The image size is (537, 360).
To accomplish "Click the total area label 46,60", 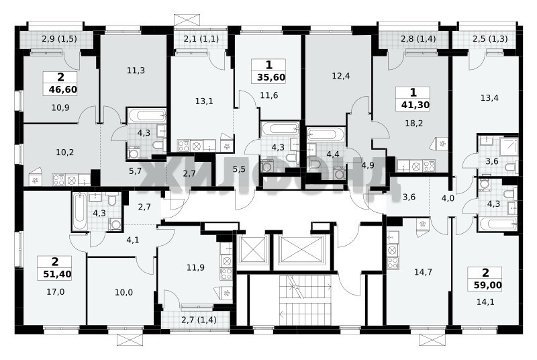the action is (x=63, y=90).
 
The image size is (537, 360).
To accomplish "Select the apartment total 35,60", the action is (x=271, y=77).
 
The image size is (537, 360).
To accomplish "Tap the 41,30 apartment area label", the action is (x=416, y=105).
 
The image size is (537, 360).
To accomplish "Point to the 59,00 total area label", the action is (x=488, y=285).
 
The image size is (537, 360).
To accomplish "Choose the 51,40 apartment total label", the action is (x=58, y=274).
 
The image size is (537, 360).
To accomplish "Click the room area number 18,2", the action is (x=414, y=123).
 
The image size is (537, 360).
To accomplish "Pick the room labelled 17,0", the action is (x=56, y=292).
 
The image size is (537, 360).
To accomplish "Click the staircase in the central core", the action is (x=305, y=300).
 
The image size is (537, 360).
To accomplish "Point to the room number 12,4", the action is (x=341, y=76).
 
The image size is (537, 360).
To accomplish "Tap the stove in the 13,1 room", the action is (x=183, y=146).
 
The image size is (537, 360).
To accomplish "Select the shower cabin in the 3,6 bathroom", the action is (x=509, y=146).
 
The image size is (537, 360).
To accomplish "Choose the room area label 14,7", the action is (x=423, y=272).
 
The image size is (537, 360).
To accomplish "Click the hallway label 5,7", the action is (x=136, y=171).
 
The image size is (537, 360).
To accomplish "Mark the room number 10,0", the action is (x=124, y=293).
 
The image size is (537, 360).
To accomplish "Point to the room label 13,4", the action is (x=489, y=98).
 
